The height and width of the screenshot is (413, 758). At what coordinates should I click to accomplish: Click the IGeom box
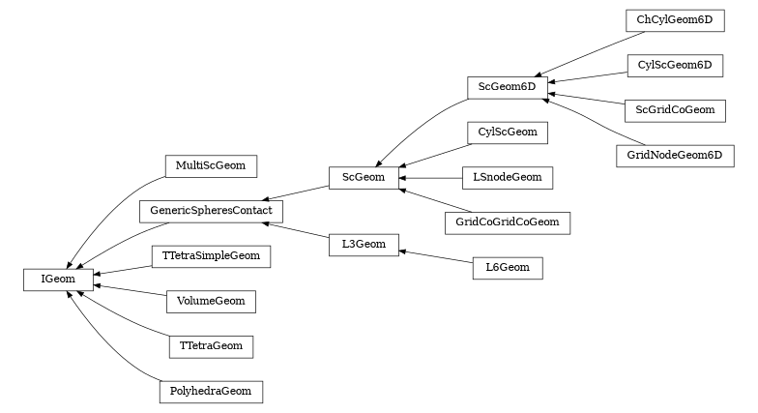pyautogui.click(x=58, y=280)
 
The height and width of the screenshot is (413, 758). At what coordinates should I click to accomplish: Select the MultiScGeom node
pyautogui.click(x=210, y=166)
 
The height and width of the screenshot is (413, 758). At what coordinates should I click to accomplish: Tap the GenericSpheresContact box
pyautogui.click(x=211, y=210)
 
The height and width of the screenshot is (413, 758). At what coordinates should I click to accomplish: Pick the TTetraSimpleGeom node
pyautogui.click(x=210, y=256)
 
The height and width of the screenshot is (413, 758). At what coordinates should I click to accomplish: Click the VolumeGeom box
pyautogui.click(x=210, y=301)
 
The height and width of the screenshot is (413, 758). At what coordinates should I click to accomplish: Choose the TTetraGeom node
pyautogui.click(x=211, y=345)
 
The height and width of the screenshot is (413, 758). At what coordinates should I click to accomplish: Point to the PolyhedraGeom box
pyautogui.click(x=210, y=391)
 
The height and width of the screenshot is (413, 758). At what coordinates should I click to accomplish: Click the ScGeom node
pyautogui.click(x=364, y=177)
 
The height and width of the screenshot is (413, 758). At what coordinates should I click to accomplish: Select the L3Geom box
pyautogui.click(x=364, y=245)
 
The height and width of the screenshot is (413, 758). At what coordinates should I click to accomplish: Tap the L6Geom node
pyautogui.click(x=508, y=267)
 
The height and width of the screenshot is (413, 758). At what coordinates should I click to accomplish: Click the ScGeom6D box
pyautogui.click(x=508, y=88)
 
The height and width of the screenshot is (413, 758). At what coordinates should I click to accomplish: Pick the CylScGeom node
pyautogui.click(x=508, y=133)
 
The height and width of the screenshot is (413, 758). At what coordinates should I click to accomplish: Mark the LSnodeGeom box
pyautogui.click(x=508, y=178)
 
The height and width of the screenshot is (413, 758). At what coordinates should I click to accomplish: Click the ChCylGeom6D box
pyautogui.click(x=674, y=20)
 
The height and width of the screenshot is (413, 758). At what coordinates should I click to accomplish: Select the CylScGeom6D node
pyautogui.click(x=674, y=65)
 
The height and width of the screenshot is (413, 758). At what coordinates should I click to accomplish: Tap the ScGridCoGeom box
pyautogui.click(x=674, y=109)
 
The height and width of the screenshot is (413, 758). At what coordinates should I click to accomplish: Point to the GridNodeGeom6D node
pyautogui.click(x=674, y=155)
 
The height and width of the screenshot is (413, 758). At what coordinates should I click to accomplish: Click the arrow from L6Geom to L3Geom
pyautogui.click(x=435, y=256)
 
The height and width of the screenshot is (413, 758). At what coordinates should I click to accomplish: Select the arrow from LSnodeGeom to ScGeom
pyautogui.click(x=430, y=178)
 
